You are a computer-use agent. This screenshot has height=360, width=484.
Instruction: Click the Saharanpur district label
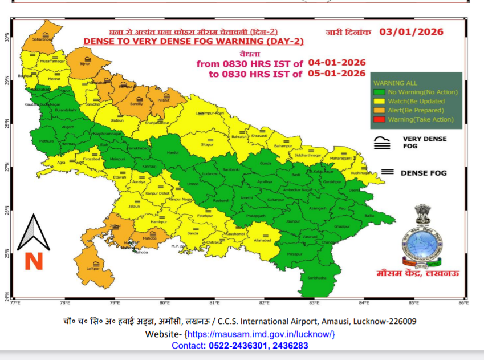click(x=43, y=39)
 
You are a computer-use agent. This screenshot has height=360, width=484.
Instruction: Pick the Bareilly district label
click(x=136, y=104)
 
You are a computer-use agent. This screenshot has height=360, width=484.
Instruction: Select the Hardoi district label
click(x=173, y=153)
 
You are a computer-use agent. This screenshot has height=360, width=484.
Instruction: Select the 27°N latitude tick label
click(x=7, y=168)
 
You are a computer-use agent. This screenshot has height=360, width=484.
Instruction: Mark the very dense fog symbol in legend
click(x=381, y=143)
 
